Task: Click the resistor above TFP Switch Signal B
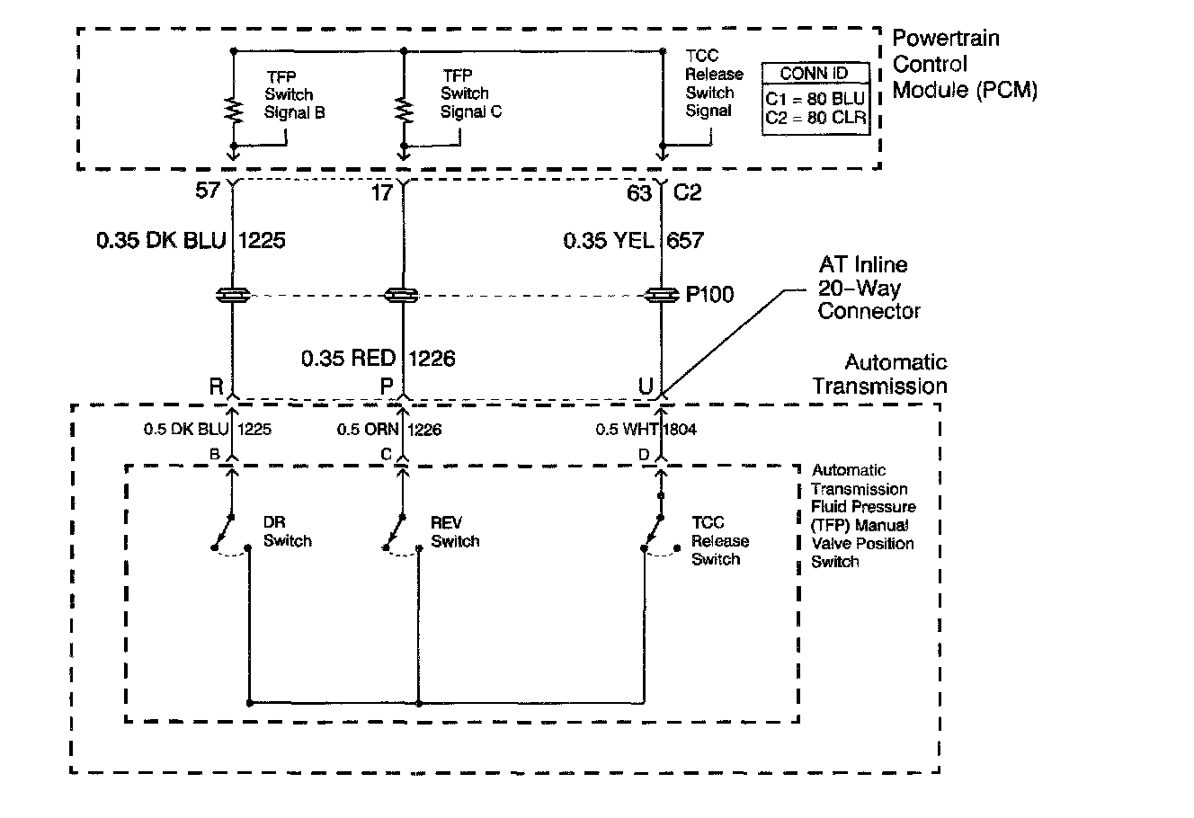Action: [233, 109]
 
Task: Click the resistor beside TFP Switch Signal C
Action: [404, 109]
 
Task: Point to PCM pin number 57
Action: [208, 191]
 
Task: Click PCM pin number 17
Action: [382, 191]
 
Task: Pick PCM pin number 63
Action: [639, 191]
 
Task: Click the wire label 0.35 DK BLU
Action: [161, 241]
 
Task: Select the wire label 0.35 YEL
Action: [608, 241]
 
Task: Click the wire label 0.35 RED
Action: [348, 359]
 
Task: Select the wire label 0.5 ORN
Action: [368, 430]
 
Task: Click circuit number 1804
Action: [681, 430]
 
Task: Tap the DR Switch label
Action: [287, 532]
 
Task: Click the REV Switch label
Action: [455, 532]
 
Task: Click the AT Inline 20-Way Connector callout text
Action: [869, 288]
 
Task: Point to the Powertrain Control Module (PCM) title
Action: [964, 65]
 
